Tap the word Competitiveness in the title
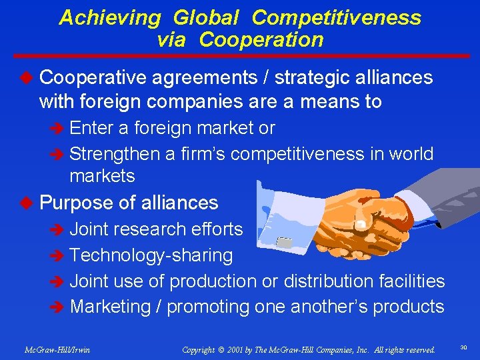[x=337, y=17]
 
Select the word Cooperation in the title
[x=261, y=40]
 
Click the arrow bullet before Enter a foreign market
[x=57, y=128]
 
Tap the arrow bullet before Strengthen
[x=57, y=155]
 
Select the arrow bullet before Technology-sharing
[x=57, y=256]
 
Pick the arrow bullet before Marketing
[x=57, y=307]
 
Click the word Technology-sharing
[x=151, y=255]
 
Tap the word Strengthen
[x=114, y=154]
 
